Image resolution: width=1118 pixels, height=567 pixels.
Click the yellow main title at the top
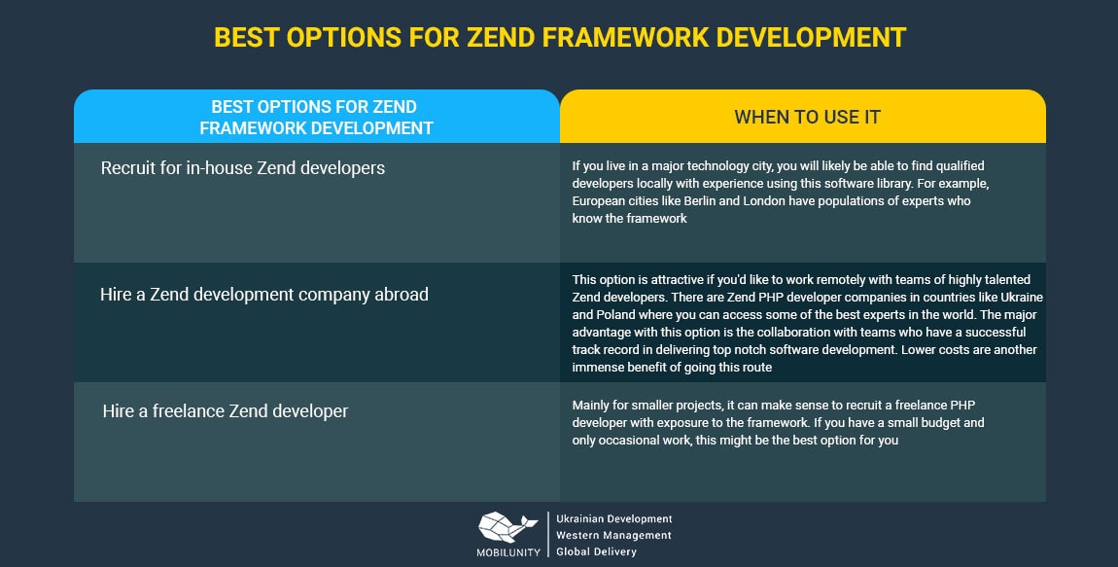[560, 38]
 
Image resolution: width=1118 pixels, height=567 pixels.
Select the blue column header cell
[317, 117]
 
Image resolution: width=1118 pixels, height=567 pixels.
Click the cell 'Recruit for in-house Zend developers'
[317, 202]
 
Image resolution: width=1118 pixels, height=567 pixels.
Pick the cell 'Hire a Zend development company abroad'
[317, 322]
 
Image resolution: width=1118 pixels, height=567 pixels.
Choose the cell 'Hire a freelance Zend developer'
[317, 443]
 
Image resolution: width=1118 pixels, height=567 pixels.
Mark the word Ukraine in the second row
[1022, 297]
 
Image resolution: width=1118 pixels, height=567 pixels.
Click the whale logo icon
[507, 528]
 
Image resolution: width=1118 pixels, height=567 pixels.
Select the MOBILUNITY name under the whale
[508, 552]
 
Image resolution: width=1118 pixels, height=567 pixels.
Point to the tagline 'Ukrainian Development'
[613, 519]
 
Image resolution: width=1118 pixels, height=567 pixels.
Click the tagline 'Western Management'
[613, 535]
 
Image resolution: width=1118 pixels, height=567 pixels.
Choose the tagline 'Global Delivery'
[596, 551]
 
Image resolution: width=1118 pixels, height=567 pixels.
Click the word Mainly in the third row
[590, 406]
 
